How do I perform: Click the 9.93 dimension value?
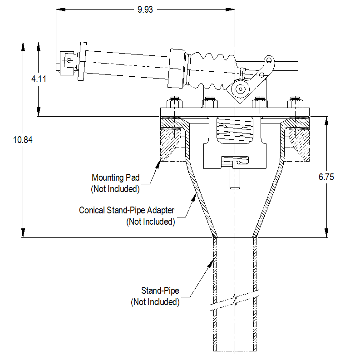(x=145, y=10)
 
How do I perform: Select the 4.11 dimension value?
(x=39, y=79)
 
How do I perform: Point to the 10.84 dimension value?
(x=23, y=140)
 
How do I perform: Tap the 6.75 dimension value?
(x=326, y=177)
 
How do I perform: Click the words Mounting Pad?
(x=116, y=178)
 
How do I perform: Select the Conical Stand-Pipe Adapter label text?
(x=127, y=210)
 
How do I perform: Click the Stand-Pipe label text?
(x=160, y=291)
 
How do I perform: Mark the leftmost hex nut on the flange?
(x=174, y=103)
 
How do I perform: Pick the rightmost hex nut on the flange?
(x=295, y=103)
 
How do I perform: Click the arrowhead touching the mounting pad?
(x=158, y=165)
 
